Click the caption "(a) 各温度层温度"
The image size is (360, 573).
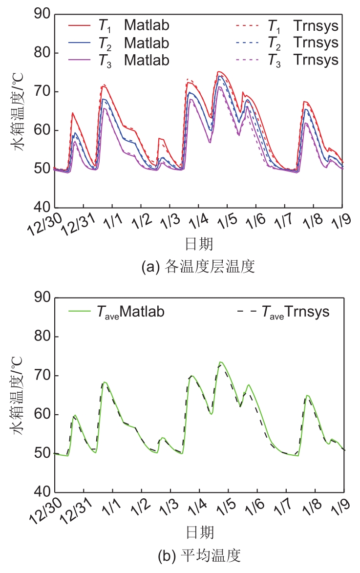coord(198,267)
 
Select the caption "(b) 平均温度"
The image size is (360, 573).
coord(198,555)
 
